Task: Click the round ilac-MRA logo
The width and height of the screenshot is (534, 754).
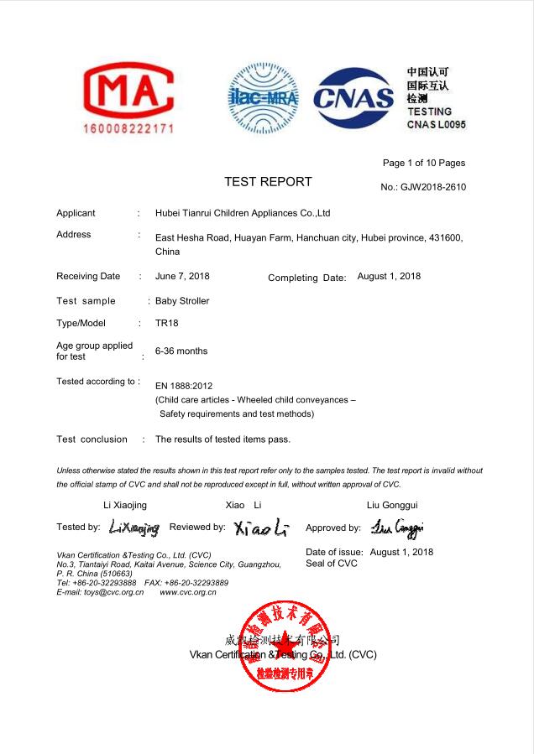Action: coord(264,98)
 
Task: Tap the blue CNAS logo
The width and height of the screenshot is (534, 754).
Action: coord(353,98)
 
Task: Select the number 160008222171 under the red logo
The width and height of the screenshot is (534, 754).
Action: coord(128,129)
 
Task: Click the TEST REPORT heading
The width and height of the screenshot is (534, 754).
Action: coord(268,182)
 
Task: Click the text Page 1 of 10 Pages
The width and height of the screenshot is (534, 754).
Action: coord(423,163)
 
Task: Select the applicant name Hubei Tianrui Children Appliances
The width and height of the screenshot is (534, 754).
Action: coord(243,213)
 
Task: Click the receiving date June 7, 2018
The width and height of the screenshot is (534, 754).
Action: coord(182,276)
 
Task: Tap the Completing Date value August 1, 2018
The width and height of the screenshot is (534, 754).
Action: coord(389,276)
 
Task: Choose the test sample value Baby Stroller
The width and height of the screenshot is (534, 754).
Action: coord(182,300)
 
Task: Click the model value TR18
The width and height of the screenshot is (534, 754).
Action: coord(166,323)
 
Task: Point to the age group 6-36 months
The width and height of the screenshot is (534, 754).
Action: coord(181,351)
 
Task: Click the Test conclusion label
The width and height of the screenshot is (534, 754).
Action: coord(92,439)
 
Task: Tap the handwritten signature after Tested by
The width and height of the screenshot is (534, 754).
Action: coord(133,528)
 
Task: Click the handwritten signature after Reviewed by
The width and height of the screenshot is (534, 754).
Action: coord(261,528)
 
